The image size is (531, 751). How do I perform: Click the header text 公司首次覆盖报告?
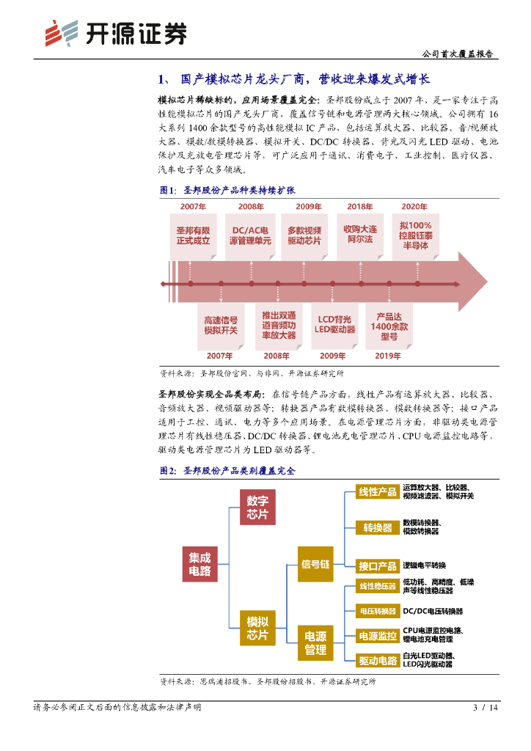[459, 54]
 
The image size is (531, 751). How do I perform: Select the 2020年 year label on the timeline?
[414, 207]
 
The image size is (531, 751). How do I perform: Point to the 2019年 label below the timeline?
[389, 356]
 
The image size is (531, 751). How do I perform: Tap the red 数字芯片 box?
[257, 507]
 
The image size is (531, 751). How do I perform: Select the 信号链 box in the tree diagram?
[315, 564]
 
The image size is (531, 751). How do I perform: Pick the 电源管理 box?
[315, 642]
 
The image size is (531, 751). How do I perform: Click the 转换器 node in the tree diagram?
[378, 528]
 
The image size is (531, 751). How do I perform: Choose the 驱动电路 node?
[378, 660]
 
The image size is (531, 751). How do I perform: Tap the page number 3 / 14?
[485, 708]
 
